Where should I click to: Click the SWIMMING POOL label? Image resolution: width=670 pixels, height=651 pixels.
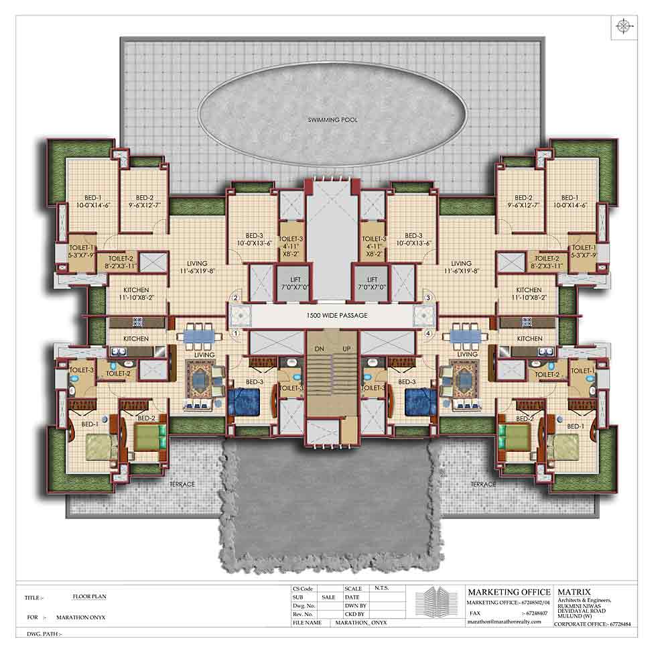pos(332,120)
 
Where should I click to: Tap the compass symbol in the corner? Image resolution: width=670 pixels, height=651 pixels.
pos(624,26)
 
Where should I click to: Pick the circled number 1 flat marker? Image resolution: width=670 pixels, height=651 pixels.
pos(236,333)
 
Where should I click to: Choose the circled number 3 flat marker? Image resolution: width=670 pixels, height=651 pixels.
pos(427,298)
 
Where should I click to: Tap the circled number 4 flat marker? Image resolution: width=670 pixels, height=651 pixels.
pos(427,333)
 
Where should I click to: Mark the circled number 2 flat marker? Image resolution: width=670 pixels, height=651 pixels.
pos(236,298)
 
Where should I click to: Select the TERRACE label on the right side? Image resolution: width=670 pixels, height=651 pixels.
pos(483,484)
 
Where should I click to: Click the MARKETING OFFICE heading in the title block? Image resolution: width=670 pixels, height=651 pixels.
pos(509,592)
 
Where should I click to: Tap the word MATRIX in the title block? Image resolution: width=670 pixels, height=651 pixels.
pos(573,592)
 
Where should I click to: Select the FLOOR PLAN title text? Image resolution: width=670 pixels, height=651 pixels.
pos(89,595)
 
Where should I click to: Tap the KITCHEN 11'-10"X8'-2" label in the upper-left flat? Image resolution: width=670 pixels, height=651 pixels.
pos(136,293)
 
